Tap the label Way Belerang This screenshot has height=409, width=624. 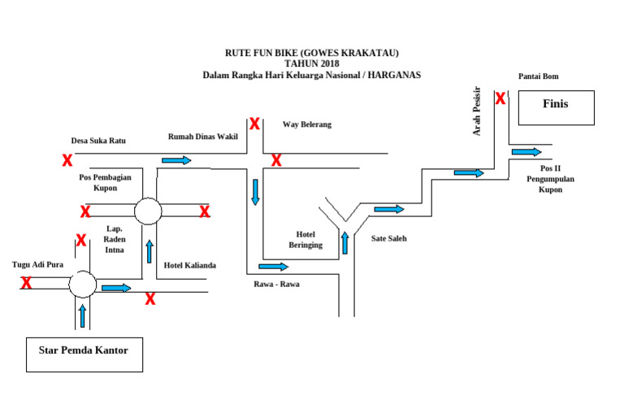[x=307, y=124]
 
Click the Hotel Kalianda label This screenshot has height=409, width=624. [x=190, y=266]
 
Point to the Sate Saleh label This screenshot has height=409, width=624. [x=388, y=239]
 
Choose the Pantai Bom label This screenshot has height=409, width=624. [x=539, y=76]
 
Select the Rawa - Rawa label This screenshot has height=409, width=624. [x=276, y=284]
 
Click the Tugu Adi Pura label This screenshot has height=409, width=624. [x=37, y=264]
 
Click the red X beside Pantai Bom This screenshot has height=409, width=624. [x=500, y=98]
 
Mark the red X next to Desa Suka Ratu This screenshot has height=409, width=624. [x=67, y=160]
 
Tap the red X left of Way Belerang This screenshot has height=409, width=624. [x=254, y=124]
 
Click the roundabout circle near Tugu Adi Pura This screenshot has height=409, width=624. [x=82, y=285]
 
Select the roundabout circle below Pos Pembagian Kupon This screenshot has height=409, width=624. [x=148, y=211]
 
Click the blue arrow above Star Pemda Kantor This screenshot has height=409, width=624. [x=82, y=315]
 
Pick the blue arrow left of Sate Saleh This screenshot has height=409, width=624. [x=388, y=210]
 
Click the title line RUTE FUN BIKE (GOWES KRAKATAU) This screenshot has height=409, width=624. [x=312, y=53]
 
